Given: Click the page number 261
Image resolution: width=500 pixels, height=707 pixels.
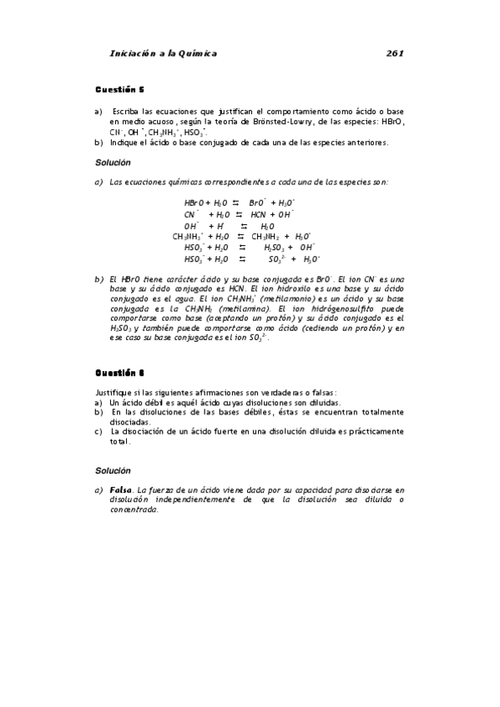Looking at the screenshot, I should tap(395, 53).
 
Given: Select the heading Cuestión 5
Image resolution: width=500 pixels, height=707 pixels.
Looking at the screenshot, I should tap(119, 89).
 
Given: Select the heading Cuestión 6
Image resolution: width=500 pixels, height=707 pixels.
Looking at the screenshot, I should tap(119, 373).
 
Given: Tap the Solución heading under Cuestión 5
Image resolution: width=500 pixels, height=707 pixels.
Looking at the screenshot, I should tap(113, 163).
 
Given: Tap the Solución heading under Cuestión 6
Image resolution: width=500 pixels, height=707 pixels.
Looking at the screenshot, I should tap(113, 470).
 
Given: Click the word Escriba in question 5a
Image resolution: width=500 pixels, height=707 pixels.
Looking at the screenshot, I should tap(126, 111).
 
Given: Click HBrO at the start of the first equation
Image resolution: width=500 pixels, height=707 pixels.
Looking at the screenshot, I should tap(194, 203).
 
